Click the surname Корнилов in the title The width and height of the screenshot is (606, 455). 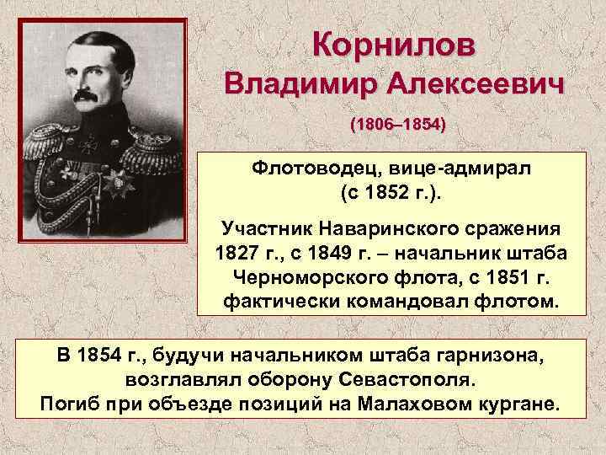click(394, 42)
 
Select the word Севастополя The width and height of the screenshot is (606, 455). click(401, 379)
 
